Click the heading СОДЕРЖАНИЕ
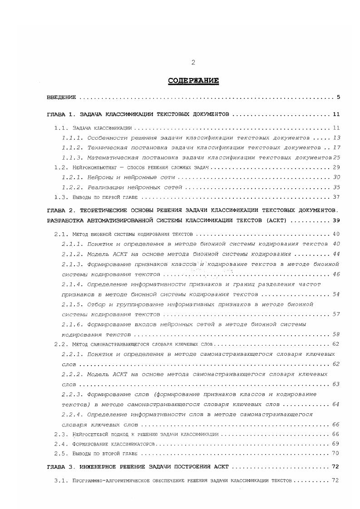pos(193,81)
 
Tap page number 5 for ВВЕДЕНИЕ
pos(339,98)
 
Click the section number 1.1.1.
pos(71,137)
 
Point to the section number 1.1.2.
pos(71,147)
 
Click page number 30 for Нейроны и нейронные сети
pos(336,177)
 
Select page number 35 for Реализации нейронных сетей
pos(336,187)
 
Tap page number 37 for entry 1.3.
pos(336,197)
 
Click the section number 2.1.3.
pos(71,264)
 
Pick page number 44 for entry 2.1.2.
pos(336,254)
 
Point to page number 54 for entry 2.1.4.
pos(336,294)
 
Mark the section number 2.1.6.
pos(71,324)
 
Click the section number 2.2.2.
pos(71,374)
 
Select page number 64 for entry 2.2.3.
pos(336,404)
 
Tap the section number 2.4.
pos(61,444)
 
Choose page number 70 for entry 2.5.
pos(336,454)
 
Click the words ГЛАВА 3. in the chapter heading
pos(60,466)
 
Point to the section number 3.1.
pos(61,480)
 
